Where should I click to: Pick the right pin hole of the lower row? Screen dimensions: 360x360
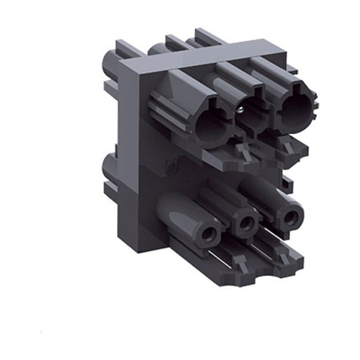(x=288, y=215)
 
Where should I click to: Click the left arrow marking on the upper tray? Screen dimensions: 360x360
(x=243, y=152)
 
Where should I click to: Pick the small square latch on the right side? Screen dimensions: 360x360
(x=287, y=183)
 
